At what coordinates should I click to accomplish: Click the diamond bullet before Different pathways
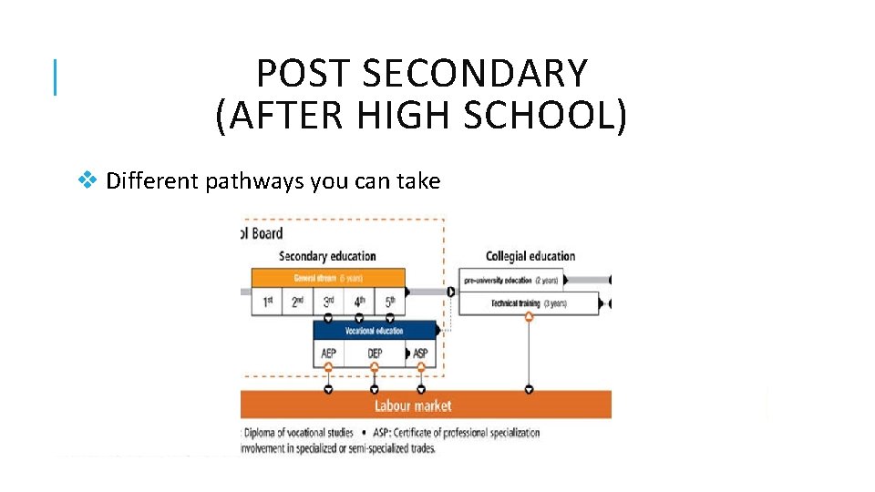[87, 180]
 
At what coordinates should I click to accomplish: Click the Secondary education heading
[326, 256]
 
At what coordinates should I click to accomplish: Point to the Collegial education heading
[530, 256]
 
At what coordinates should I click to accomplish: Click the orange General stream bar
[328, 278]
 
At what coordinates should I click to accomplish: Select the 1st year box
[266, 302]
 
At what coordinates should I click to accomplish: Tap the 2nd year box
[297, 302]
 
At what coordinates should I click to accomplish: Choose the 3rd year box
[328, 302]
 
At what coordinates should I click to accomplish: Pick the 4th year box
[359, 302]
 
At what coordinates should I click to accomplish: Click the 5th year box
[389, 302]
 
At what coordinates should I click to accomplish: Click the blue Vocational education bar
[374, 331]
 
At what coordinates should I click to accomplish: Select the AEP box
[328, 354]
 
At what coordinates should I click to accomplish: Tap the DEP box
[375, 354]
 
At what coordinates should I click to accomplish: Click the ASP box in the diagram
[420, 354]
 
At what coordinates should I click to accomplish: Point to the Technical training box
[529, 303]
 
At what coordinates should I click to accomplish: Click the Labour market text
[412, 405]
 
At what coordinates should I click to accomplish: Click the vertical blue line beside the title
[57, 77]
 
